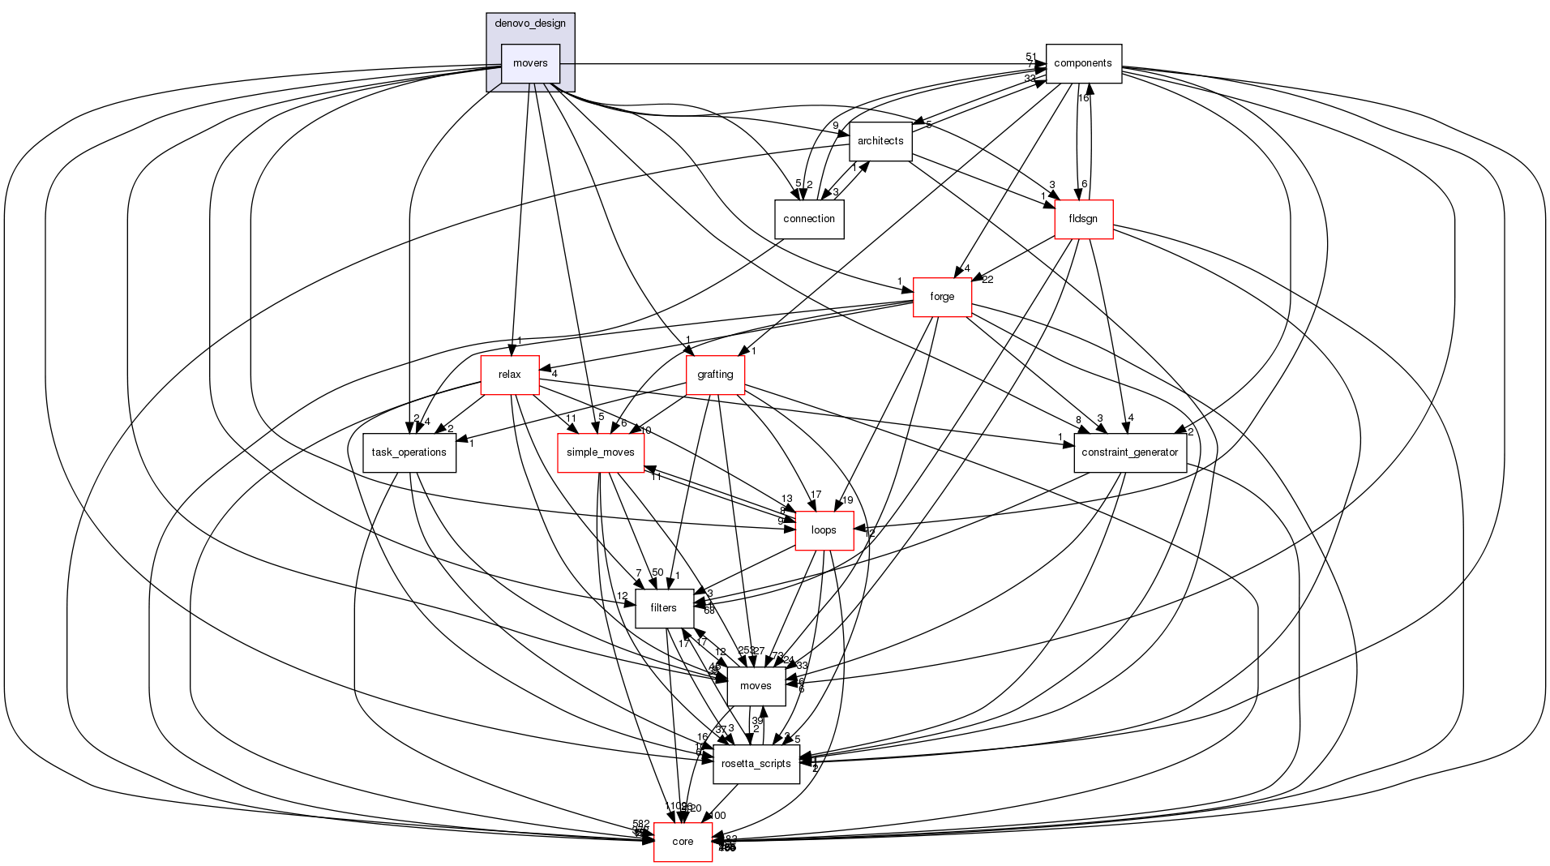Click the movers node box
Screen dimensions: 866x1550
[530, 63]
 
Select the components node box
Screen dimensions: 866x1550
[1083, 63]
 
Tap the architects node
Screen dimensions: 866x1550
[880, 141]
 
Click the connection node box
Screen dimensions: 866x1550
[809, 219]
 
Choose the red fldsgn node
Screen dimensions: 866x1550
[1083, 219]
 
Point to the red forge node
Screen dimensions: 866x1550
[942, 297]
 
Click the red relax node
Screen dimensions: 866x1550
[510, 375]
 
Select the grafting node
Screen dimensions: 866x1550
[715, 375]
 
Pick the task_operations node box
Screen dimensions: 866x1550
[409, 452]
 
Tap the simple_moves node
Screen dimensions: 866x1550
[601, 452]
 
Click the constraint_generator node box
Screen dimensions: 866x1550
[1130, 452]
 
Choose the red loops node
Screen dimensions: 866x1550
[824, 530]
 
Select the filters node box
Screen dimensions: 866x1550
[664, 608]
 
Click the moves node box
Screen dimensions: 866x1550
[756, 686]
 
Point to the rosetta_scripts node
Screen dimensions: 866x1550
[756, 764]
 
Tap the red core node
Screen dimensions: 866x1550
[683, 842]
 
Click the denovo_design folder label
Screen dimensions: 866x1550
[530, 24]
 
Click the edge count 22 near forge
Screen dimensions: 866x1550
[987, 280]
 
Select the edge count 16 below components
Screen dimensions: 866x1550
[1083, 98]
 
